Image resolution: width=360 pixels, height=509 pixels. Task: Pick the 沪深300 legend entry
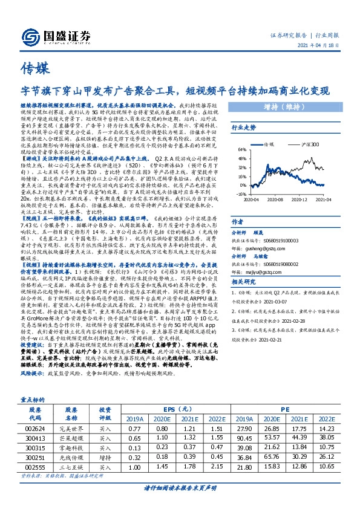[310, 145]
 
